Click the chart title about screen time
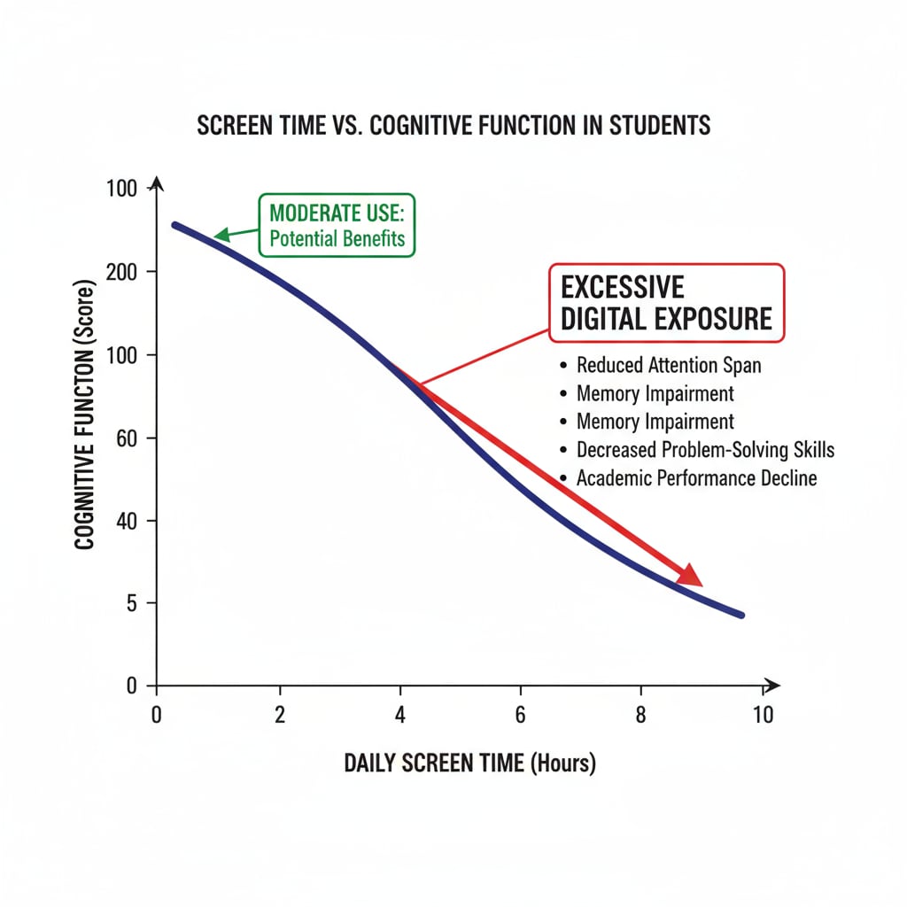453,125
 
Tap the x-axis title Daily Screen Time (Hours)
469,763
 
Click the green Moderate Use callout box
337,226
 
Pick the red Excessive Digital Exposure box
666,303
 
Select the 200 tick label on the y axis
122,272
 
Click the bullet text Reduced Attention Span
668,365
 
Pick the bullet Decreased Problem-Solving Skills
705,450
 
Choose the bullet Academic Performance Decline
696,478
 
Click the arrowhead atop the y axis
158,184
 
